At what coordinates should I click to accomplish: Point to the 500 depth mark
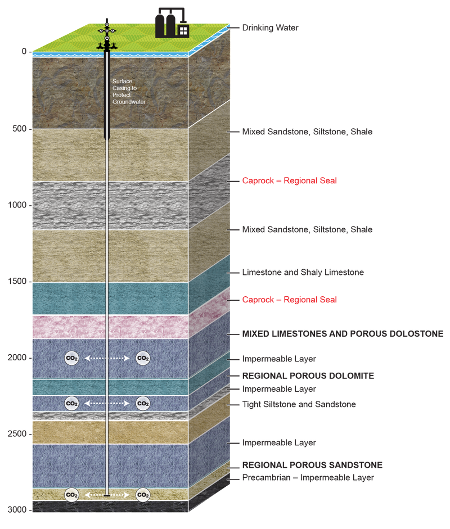pyautogui.click(x=19, y=129)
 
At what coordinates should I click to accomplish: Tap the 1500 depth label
pyautogui.click(x=16, y=282)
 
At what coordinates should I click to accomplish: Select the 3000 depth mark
pyautogui.click(x=16, y=510)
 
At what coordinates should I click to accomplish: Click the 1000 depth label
pyautogui.click(x=16, y=205)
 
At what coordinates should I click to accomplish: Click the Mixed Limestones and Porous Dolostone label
pyautogui.click(x=343, y=334)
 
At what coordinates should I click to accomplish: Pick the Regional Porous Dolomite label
pyautogui.click(x=308, y=375)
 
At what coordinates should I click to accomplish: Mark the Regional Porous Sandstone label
pyautogui.click(x=312, y=465)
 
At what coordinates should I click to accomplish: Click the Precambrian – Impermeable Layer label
pyautogui.click(x=308, y=478)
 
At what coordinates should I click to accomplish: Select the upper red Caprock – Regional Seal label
pyautogui.click(x=290, y=181)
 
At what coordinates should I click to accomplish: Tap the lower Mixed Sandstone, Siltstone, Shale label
pyautogui.click(x=307, y=230)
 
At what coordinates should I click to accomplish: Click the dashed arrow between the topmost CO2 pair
pyautogui.click(x=107, y=358)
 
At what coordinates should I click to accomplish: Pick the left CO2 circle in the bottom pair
pyautogui.click(x=71, y=495)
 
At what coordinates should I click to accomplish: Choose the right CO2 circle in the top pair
pyautogui.click(x=143, y=358)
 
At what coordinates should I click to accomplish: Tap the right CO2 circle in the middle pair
pyautogui.click(x=143, y=403)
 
